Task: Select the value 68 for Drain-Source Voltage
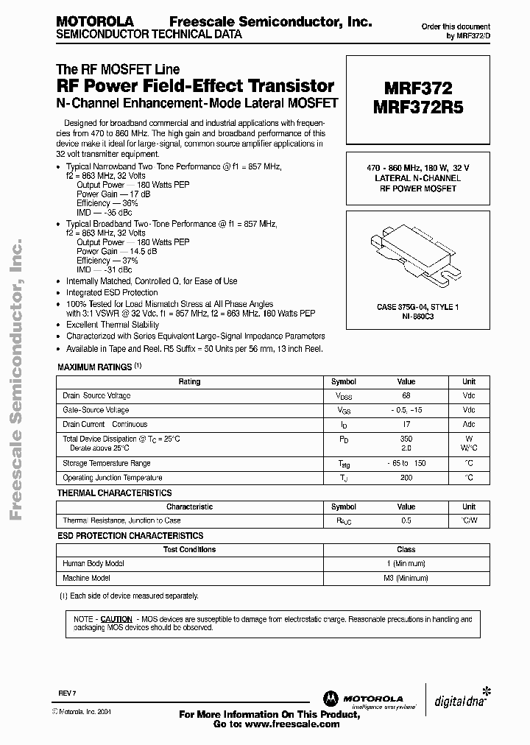pyautogui.click(x=406, y=396)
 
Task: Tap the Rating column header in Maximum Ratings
pyautogui.click(x=189, y=382)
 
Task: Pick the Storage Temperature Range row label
pyautogui.click(x=107, y=464)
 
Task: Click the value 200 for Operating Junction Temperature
pyautogui.click(x=406, y=478)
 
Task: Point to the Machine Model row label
pyautogui.click(x=87, y=579)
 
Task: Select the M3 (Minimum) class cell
pyautogui.click(x=406, y=579)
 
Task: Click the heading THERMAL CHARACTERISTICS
pyautogui.click(x=114, y=493)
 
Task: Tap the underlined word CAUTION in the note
pyautogui.click(x=116, y=619)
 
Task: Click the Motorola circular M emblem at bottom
pyautogui.click(x=328, y=699)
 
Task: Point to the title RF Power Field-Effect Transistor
pyautogui.click(x=196, y=86)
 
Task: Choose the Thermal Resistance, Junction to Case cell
pyautogui.click(x=121, y=520)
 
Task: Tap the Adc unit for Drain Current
pyautogui.click(x=468, y=425)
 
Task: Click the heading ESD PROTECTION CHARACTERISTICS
pyautogui.click(x=130, y=536)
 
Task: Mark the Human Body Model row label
pyautogui.click(x=93, y=563)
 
